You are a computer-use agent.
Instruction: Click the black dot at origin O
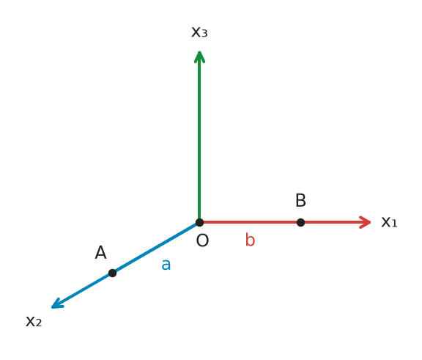pyautogui.click(x=199, y=222)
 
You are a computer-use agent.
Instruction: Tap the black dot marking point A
pyautogui.click(x=113, y=273)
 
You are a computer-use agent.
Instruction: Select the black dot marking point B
pyautogui.click(x=300, y=222)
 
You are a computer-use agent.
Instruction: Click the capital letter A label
pyautogui.click(x=100, y=252)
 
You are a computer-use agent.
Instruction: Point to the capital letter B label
pyautogui.click(x=300, y=200)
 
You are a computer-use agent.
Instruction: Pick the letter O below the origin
pyautogui.click(x=202, y=240)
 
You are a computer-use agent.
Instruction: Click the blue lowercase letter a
pyautogui.click(x=166, y=265)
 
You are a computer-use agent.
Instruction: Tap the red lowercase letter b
pyautogui.click(x=250, y=240)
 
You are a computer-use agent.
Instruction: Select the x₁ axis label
pyautogui.click(x=389, y=222)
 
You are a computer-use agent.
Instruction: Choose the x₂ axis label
pyautogui.click(x=34, y=321)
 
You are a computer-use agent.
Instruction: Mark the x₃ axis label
pyautogui.click(x=199, y=32)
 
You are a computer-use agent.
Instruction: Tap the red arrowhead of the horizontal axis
pyautogui.click(x=365, y=222)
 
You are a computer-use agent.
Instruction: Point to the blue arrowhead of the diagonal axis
pyautogui.click(x=57, y=304)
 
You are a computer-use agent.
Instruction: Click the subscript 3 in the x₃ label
pyautogui.click(x=204, y=34)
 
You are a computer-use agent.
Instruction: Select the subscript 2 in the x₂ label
pyautogui.click(x=39, y=323)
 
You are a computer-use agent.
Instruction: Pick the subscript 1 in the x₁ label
pyautogui.click(x=394, y=224)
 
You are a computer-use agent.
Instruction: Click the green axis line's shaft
pyautogui.click(x=199, y=137)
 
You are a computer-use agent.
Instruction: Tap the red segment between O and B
pyautogui.click(x=250, y=222)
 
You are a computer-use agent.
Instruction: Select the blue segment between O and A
pyautogui.click(x=156, y=248)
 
